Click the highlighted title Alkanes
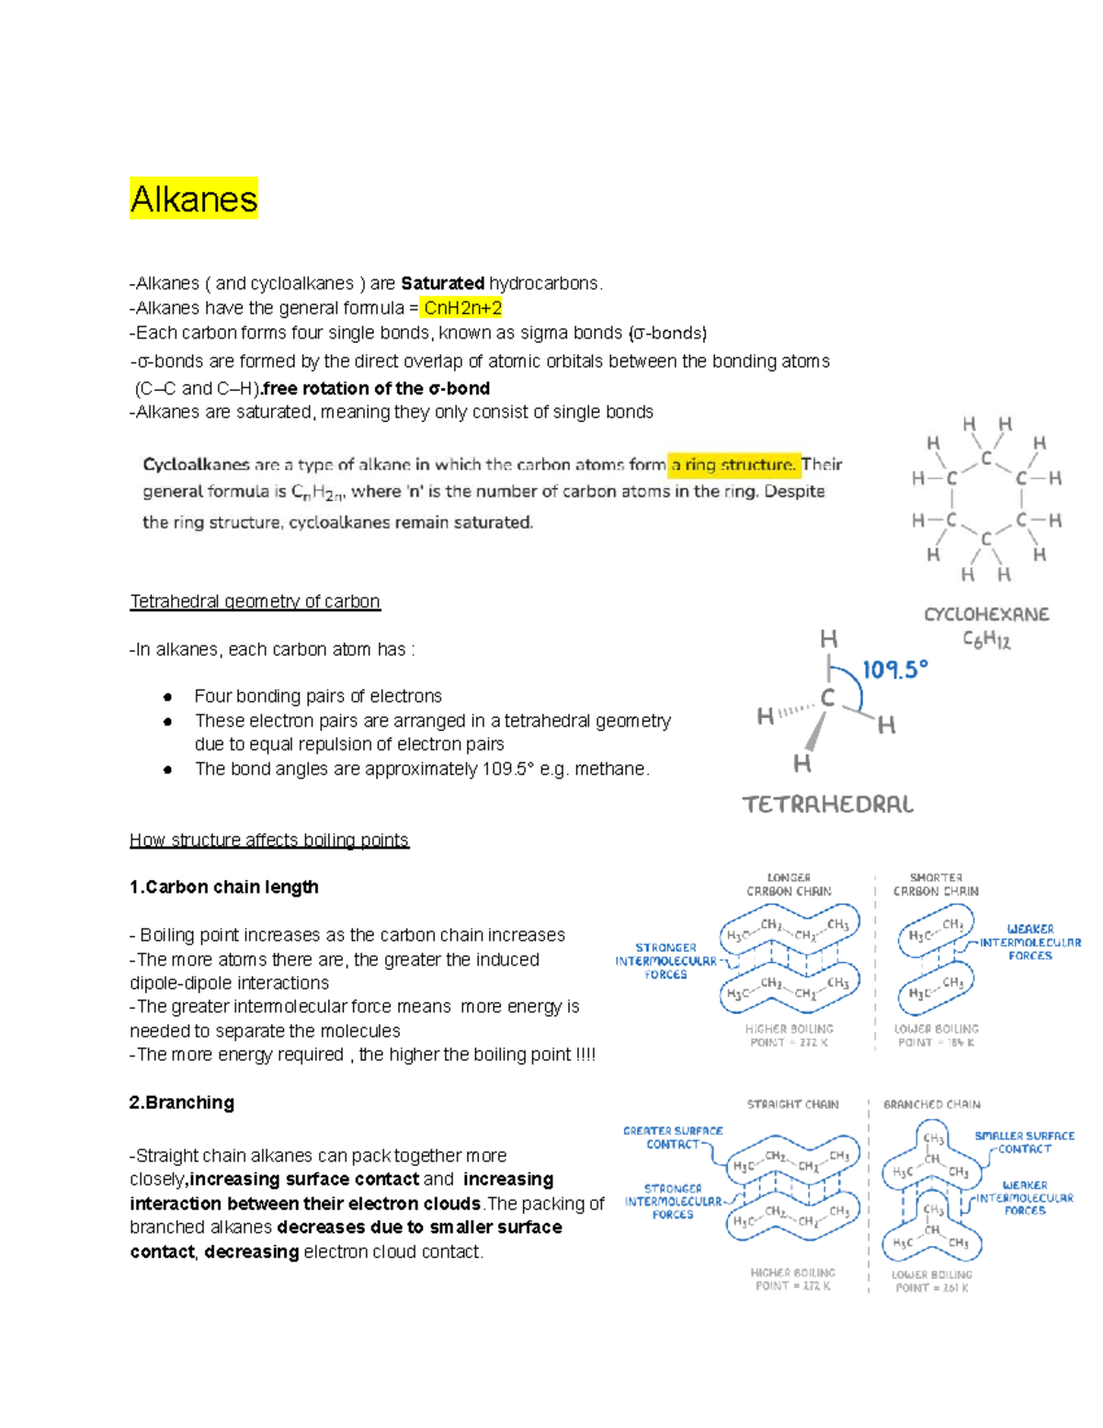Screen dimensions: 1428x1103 click(x=194, y=199)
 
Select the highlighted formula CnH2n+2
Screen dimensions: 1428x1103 click(x=462, y=308)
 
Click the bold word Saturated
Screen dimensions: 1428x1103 click(x=442, y=283)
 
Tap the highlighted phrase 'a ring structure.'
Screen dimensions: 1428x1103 click(x=733, y=464)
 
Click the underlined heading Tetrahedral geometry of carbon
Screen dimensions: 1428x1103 click(x=255, y=601)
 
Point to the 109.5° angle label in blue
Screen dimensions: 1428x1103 click(x=894, y=669)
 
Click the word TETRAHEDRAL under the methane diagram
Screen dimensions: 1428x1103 click(x=827, y=805)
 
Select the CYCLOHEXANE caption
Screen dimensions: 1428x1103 click(x=986, y=614)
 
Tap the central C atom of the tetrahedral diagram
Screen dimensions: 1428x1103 click(x=827, y=698)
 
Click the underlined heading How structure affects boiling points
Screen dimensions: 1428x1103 click(x=269, y=840)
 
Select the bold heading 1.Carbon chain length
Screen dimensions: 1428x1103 click(x=224, y=886)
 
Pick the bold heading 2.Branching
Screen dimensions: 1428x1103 click(x=182, y=1102)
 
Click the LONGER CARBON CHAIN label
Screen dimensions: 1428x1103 click(x=789, y=885)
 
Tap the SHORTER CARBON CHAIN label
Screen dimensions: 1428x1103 click(x=936, y=885)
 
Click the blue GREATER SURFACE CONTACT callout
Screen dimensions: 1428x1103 click(x=673, y=1137)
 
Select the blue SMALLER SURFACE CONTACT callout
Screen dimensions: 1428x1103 click(x=1024, y=1142)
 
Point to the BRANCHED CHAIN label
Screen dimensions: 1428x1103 click(x=931, y=1104)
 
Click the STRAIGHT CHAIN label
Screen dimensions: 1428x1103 click(x=792, y=1104)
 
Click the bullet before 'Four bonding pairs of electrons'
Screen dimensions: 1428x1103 click(x=167, y=697)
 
